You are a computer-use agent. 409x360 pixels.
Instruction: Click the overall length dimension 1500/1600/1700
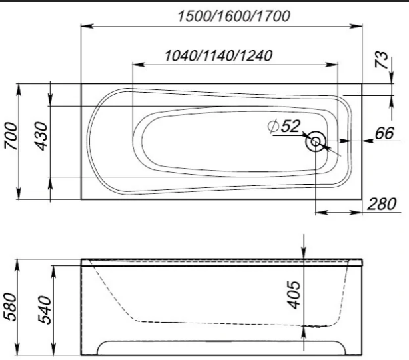point(234,16)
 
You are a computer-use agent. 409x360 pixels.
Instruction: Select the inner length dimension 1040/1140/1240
point(218,55)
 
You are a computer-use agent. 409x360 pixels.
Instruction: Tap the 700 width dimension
point(11,136)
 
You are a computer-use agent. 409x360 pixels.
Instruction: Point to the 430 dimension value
point(41,136)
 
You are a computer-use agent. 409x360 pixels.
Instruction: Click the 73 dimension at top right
point(381,60)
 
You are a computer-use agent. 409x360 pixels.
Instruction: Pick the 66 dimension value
point(384,133)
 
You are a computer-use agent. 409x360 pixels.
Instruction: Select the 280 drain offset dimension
point(382,204)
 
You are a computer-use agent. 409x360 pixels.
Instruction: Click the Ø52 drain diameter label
point(284,127)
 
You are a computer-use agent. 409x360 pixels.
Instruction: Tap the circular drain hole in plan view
point(316,141)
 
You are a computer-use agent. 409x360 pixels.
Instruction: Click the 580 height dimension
point(11,307)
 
